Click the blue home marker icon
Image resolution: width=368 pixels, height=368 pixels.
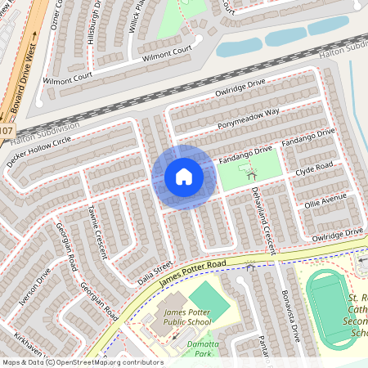click(x=183, y=177)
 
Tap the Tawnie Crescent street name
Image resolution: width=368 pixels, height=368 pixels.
click(x=97, y=231)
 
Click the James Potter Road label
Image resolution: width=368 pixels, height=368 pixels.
click(x=192, y=274)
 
